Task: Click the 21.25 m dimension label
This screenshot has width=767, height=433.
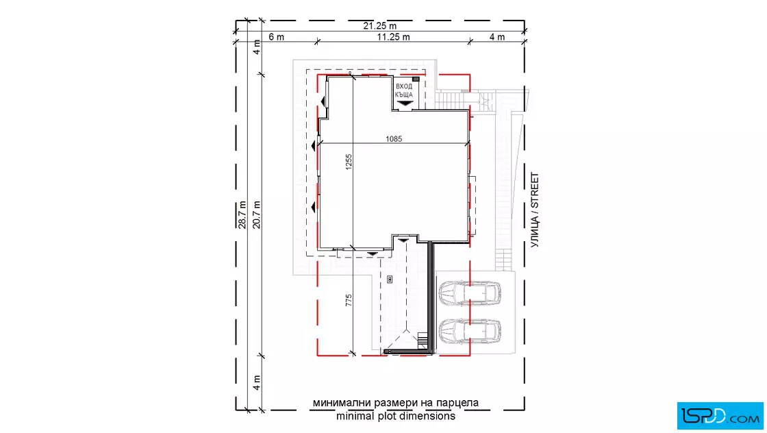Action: pos(379,25)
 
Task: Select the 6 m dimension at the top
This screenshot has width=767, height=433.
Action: pos(277,37)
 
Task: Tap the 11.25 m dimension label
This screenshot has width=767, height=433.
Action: pos(393,37)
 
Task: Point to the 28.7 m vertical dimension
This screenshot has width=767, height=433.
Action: pos(242,215)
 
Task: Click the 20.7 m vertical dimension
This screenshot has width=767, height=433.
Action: pos(256,215)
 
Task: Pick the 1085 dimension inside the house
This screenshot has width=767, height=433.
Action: pos(394,139)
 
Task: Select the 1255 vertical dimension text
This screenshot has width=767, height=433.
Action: pos(349,162)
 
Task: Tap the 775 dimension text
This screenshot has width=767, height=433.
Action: pos(349,300)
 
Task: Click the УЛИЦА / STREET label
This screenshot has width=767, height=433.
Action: pos(535,210)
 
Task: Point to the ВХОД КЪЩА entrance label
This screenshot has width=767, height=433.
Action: pos(404,90)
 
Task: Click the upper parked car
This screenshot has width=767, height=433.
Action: pos(470,293)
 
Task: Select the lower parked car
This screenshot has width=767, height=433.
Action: pos(470,331)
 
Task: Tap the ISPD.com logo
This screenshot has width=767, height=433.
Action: pos(720,416)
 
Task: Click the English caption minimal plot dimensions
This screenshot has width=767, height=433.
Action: pos(396,417)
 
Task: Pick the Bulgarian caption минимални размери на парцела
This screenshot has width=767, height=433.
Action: pos(396,403)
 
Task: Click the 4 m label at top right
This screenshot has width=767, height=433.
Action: pos(497,37)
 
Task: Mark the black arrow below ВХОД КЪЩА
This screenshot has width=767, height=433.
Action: pos(405,103)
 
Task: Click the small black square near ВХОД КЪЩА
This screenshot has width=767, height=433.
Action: pos(416,79)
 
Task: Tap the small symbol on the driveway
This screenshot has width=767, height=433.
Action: pos(390,280)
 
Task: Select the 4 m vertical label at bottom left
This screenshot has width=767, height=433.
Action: pos(256,382)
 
